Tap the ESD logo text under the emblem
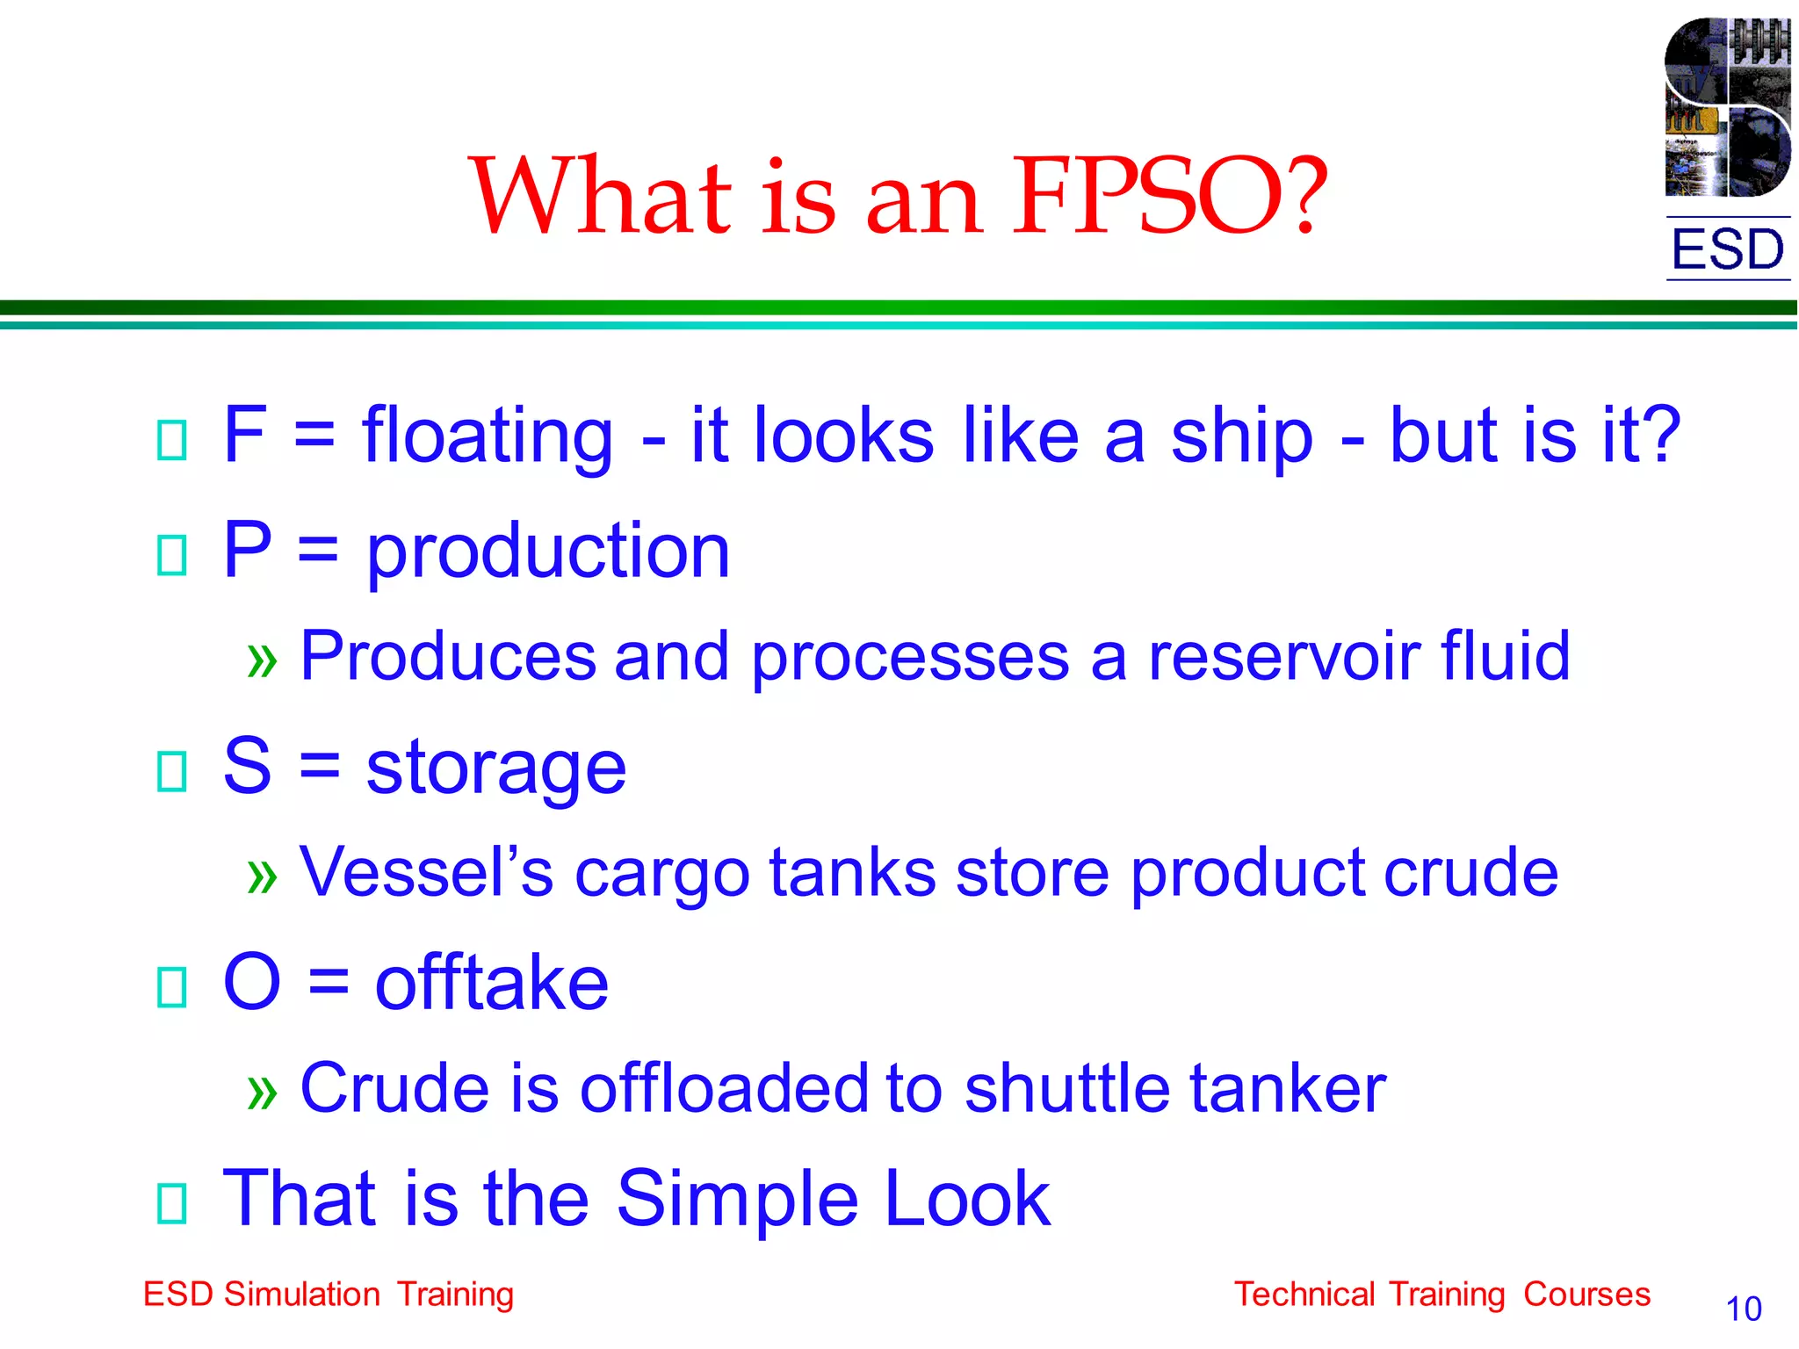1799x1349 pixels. (x=1727, y=249)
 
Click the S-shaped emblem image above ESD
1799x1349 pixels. (x=1727, y=107)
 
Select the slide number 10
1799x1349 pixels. (x=1743, y=1309)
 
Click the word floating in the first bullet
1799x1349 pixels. (x=488, y=436)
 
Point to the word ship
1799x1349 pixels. (x=1242, y=436)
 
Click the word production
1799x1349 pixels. (x=548, y=552)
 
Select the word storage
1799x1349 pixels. (x=496, y=768)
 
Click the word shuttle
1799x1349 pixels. (x=1066, y=1088)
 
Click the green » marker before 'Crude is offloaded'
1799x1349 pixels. (x=262, y=1092)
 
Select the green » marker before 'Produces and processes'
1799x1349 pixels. (x=262, y=660)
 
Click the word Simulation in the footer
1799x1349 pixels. (x=301, y=1295)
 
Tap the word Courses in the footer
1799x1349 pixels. (x=1586, y=1295)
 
